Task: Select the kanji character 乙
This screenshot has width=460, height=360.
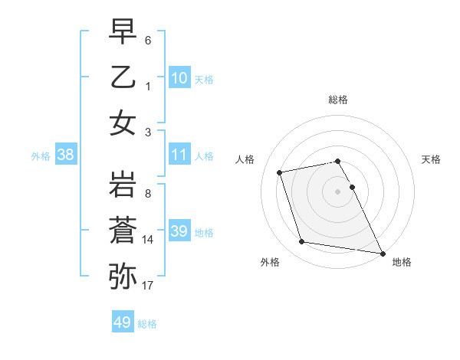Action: (123, 78)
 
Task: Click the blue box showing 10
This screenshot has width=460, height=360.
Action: (179, 78)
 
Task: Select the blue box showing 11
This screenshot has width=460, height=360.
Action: (179, 155)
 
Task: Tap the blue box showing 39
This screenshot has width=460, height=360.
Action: (179, 231)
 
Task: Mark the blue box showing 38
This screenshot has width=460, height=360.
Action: (66, 155)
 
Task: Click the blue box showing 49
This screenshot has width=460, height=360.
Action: (123, 322)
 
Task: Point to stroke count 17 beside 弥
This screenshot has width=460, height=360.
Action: (148, 286)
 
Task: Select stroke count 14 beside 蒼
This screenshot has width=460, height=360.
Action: (148, 240)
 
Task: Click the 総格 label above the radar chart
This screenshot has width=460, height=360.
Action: (337, 100)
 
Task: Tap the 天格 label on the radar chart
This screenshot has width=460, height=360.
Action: (432, 160)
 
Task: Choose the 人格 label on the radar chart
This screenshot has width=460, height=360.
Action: (245, 160)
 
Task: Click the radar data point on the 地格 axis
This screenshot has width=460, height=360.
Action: (383, 253)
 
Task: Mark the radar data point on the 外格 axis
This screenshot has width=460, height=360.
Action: (302, 242)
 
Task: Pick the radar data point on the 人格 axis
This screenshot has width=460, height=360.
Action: (280, 172)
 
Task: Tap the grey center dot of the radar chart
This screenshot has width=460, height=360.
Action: (337, 191)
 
